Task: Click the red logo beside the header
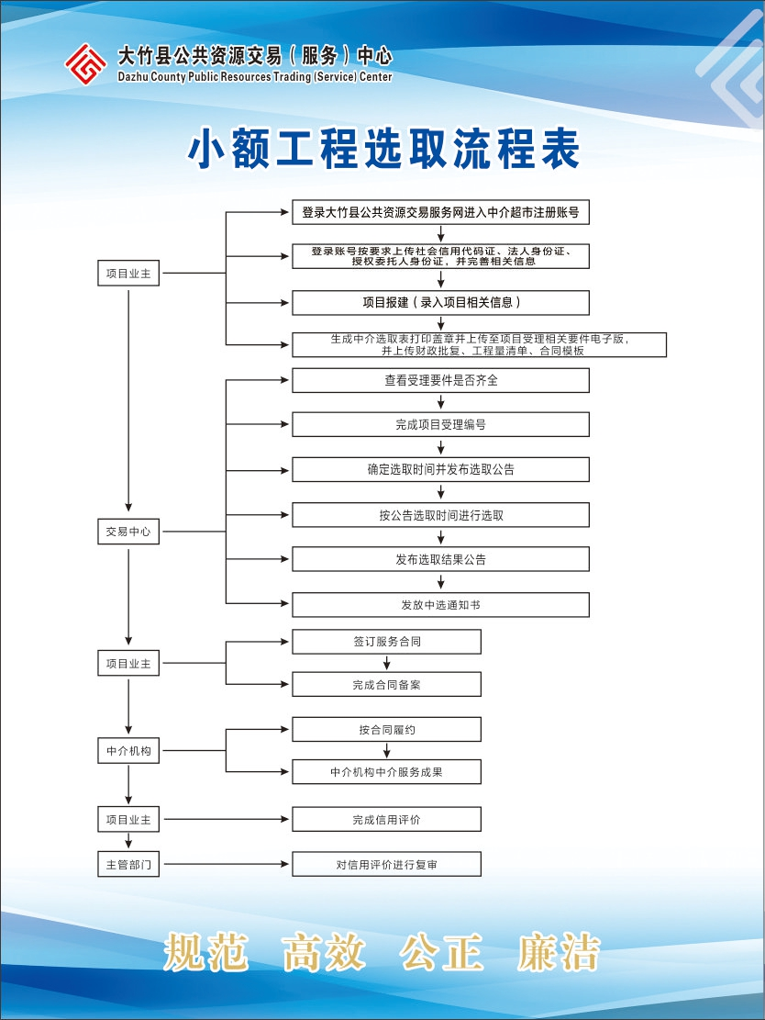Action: coord(86,63)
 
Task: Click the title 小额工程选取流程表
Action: coord(383,149)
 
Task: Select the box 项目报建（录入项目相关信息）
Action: coord(440,302)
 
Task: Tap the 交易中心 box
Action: coord(128,532)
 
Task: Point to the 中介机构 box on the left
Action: coord(128,751)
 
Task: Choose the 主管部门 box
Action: coord(128,865)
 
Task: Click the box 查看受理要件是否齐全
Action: coord(440,380)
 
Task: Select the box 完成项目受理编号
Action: coord(440,425)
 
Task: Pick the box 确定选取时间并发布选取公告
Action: coord(440,469)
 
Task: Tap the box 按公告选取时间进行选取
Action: coord(440,515)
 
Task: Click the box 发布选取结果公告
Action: coord(440,559)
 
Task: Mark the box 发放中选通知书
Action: coord(440,605)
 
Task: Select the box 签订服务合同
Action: coord(387,642)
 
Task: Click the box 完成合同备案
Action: coord(387,684)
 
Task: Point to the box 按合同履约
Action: coord(387,730)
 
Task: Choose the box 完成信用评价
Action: coord(387,820)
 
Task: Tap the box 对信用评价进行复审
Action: coord(387,865)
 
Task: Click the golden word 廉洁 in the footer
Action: coord(559,952)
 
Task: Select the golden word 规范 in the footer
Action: coord(205,952)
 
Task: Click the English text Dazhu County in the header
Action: coord(151,77)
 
